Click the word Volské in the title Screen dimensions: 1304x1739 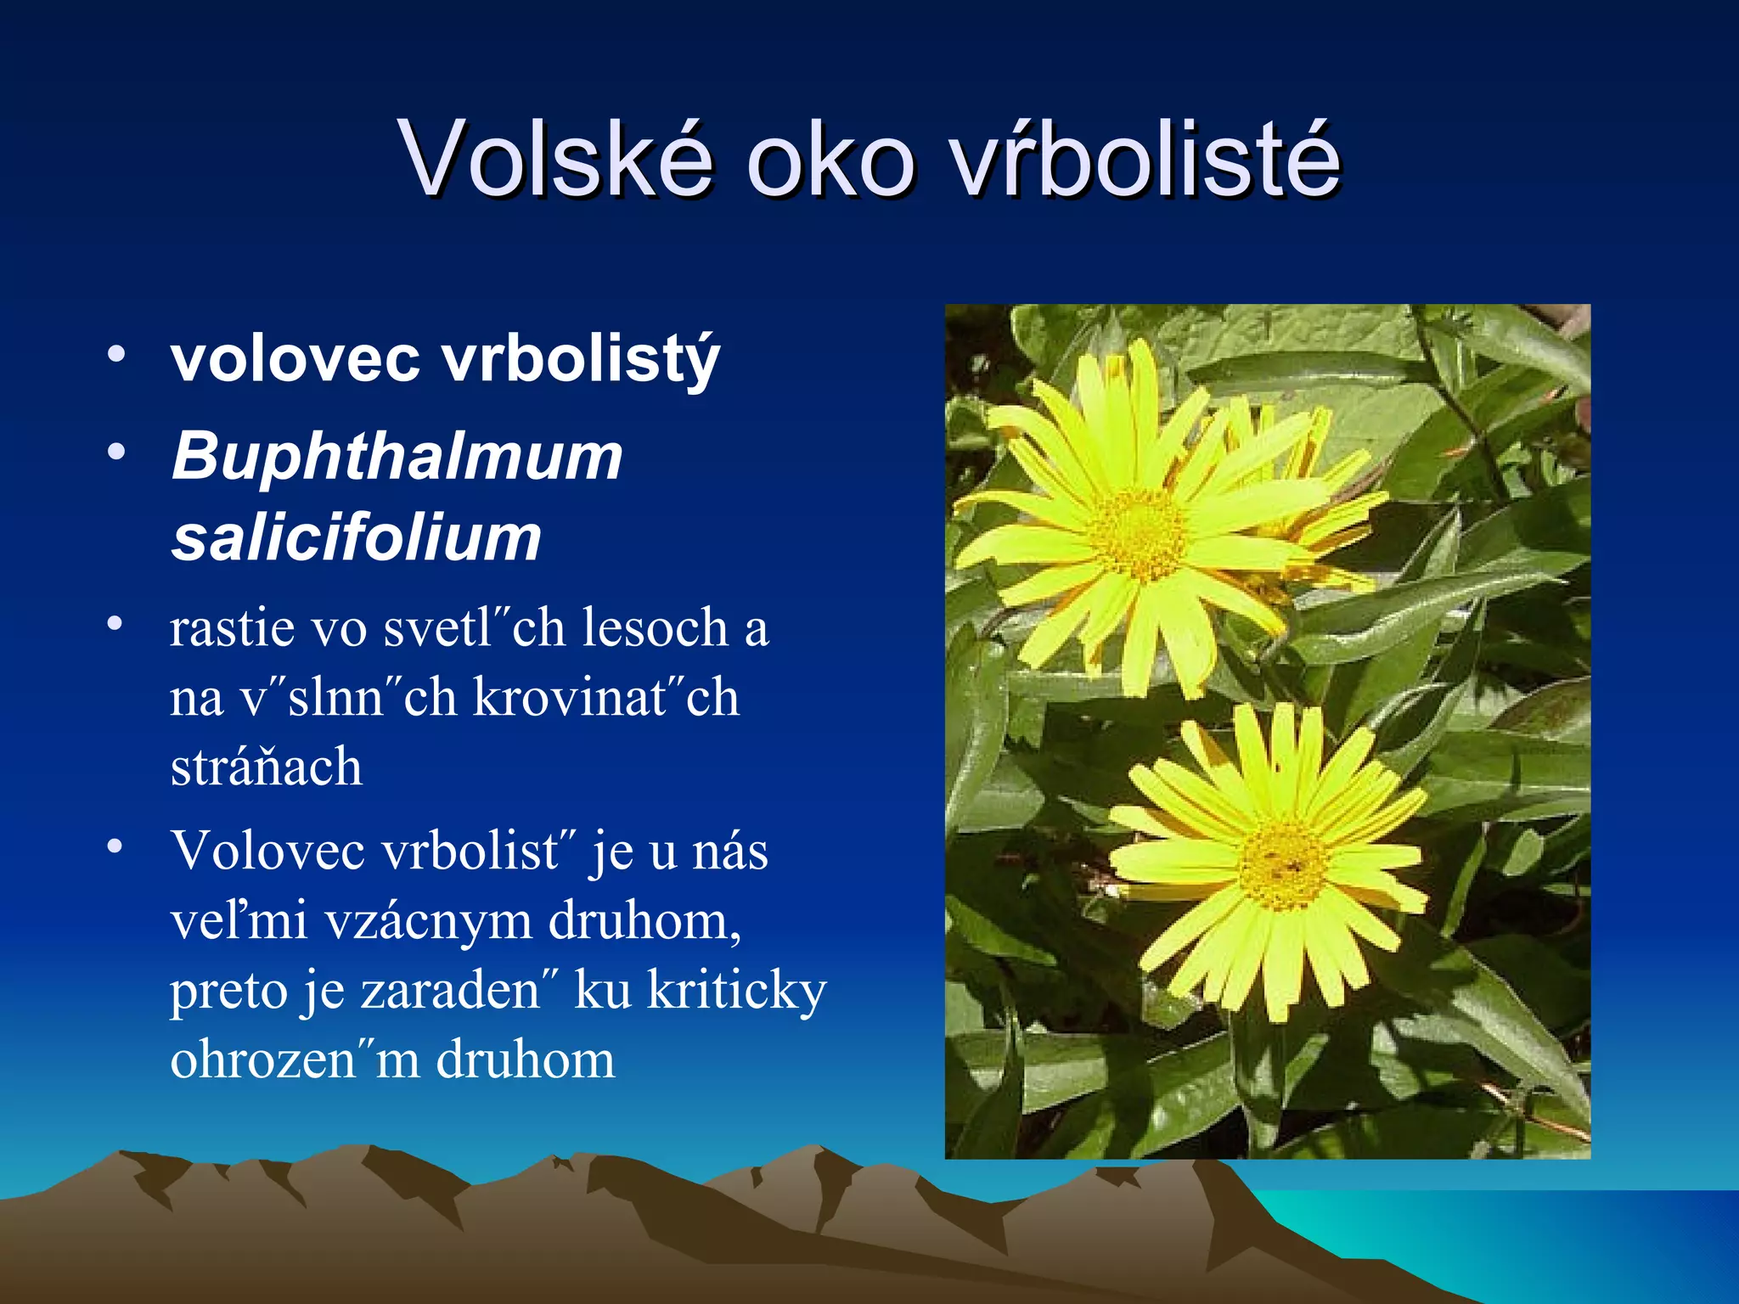pos(556,159)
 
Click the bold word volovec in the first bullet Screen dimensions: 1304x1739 pos(295,358)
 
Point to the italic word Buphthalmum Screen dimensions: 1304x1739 pos(397,457)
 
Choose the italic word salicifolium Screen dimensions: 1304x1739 pos(357,538)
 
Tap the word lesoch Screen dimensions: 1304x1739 pos(655,629)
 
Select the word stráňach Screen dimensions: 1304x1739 pos(267,767)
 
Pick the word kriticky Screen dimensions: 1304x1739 pos(736,991)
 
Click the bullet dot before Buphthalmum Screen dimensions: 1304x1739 pos(116,452)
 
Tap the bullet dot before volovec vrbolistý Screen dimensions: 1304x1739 pos(116,353)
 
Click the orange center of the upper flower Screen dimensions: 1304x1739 pos(1138,535)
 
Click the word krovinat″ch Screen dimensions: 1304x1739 pos(605,699)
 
